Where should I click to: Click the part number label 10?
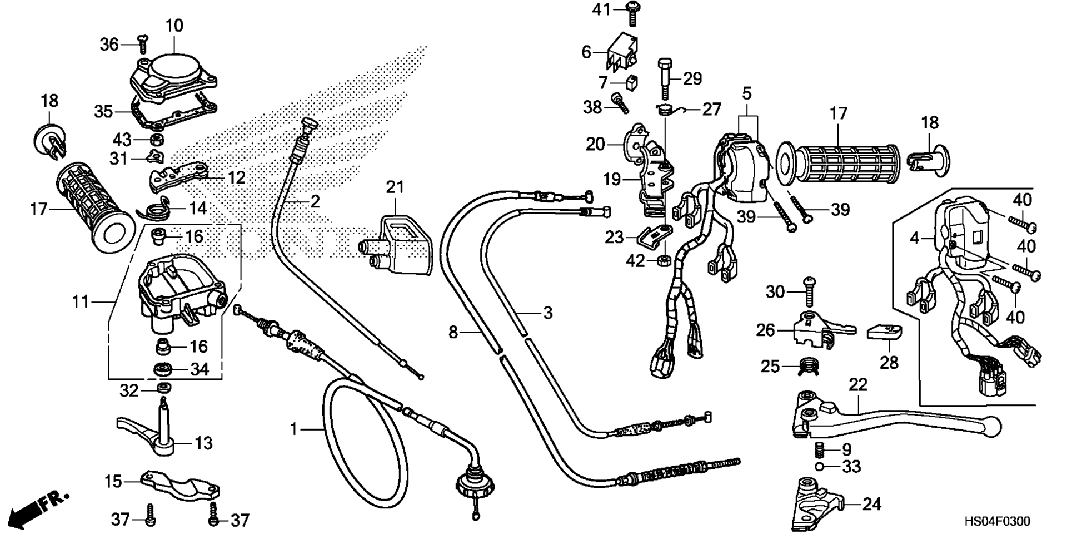click(x=174, y=26)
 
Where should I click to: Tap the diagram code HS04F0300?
click(x=997, y=522)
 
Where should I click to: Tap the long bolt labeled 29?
click(x=667, y=78)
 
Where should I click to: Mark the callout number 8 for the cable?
click(x=453, y=333)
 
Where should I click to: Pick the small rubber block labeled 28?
click(x=884, y=332)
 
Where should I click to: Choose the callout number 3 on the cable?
click(x=548, y=313)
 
